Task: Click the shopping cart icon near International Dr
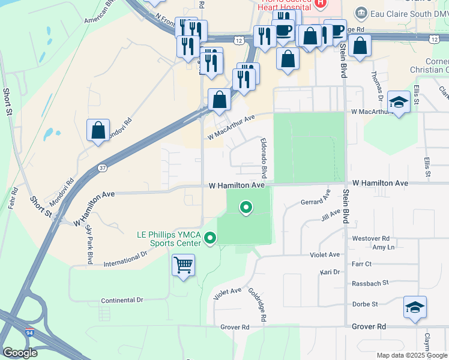183,264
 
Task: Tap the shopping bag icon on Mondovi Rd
98,130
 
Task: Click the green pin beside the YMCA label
210,239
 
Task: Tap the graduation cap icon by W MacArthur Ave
399,101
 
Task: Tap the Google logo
20,353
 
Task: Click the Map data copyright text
411,355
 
